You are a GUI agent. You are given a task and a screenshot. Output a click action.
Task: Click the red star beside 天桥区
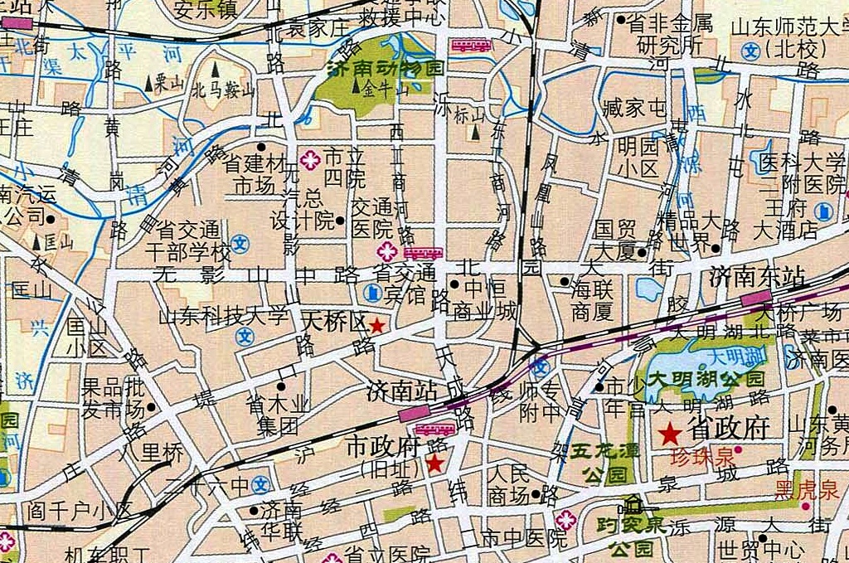[x=377, y=326]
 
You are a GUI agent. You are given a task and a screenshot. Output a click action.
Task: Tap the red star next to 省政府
[x=669, y=432]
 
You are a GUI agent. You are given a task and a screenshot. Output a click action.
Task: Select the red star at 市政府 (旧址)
[x=434, y=464]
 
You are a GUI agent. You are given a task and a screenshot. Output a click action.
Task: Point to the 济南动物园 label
[x=386, y=68]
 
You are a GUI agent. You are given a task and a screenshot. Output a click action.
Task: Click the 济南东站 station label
[x=758, y=278]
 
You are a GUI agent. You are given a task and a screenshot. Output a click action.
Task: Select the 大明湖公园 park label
[x=707, y=378]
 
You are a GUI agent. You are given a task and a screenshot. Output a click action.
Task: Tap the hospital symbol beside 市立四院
[x=310, y=159]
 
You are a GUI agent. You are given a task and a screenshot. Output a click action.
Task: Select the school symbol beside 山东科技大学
[x=244, y=336]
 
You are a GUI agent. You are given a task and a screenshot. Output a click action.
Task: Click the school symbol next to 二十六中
[x=261, y=484]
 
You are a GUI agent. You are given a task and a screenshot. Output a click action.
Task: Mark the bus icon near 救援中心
[x=471, y=46]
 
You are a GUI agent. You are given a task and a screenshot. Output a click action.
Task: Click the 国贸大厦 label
[x=614, y=237]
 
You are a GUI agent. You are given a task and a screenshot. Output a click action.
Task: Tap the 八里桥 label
[x=150, y=453]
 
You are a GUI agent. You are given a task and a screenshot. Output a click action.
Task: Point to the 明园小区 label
[x=638, y=158]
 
